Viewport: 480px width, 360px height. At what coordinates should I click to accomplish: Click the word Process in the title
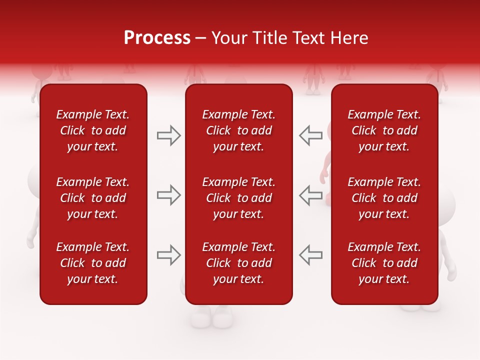(x=157, y=38)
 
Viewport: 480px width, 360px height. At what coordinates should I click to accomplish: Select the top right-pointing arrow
(x=169, y=135)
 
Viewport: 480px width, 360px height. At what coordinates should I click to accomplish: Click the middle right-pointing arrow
(x=169, y=195)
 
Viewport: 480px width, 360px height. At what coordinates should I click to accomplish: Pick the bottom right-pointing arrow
(x=169, y=255)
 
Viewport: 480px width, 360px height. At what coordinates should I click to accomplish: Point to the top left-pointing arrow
(x=310, y=135)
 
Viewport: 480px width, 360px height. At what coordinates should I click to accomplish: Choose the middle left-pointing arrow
(x=310, y=195)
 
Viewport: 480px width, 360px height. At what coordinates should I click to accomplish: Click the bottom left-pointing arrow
(x=310, y=255)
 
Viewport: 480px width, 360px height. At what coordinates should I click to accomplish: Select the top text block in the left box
(x=93, y=130)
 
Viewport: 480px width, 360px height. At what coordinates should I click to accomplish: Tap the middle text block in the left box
(x=93, y=198)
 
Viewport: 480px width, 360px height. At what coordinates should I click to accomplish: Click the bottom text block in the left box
(x=93, y=263)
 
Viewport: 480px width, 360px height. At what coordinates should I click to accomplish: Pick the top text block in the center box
(x=238, y=130)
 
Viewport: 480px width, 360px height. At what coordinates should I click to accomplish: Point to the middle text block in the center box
(x=238, y=198)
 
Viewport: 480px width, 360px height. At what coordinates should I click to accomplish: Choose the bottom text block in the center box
(x=238, y=263)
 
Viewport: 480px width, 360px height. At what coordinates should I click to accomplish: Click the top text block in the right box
(x=384, y=130)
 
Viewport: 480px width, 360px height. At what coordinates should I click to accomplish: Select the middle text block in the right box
(x=384, y=198)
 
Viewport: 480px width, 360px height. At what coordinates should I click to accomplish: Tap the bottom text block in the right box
(x=384, y=263)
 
